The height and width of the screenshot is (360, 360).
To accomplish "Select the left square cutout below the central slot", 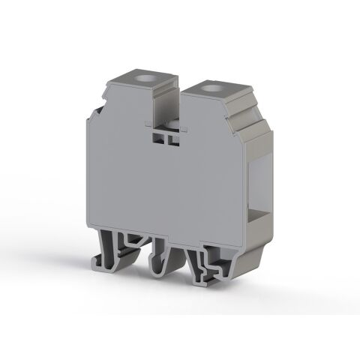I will click(160, 138).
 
